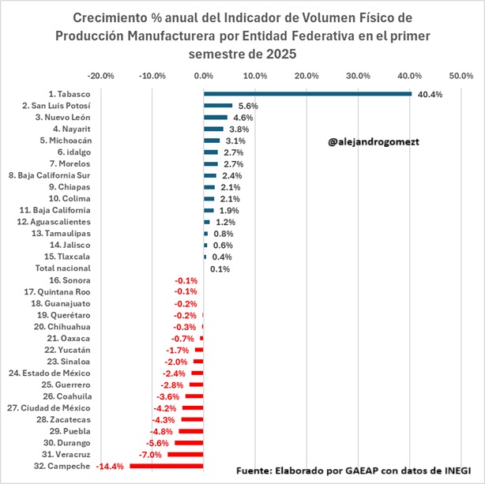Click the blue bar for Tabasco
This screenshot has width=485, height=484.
coord(307,94)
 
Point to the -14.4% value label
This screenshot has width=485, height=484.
coord(110,467)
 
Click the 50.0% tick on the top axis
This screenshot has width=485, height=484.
coord(461,76)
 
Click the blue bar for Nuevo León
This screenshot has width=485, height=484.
coord(216,118)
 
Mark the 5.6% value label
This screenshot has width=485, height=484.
coord(248,106)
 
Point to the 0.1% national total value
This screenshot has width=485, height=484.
coord(220,269)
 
